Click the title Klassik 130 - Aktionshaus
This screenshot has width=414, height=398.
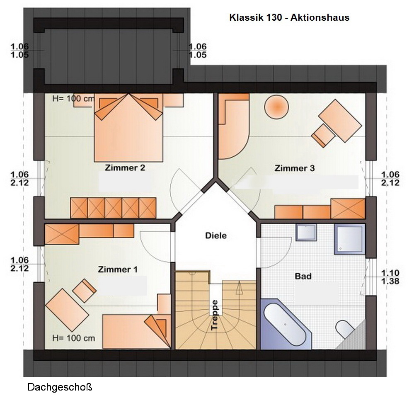click(x=289, y=17)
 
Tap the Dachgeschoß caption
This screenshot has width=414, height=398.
click(x=60, y=387)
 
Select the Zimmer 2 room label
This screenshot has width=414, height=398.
click(x=125, y=168)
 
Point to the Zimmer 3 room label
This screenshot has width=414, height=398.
click(x=295, y=168)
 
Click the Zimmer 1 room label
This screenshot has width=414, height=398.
click(x=118, y=269)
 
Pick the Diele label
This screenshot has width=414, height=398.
click(x=216, y=235)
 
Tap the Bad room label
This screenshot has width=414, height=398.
click(x=303, y=276)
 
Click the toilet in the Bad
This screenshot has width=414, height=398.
click(x=344, y=329)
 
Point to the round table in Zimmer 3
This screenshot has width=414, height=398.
click(x=276, y=107)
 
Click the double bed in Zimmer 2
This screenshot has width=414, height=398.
click(x=128, y=128)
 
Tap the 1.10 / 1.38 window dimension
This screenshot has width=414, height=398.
click(x=390, y=277)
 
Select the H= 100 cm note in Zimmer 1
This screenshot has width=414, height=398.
click(x=74, y=338)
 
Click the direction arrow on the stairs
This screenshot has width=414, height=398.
click(x=239, y=288)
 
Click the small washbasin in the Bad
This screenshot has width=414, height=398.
click(x=306, y=233)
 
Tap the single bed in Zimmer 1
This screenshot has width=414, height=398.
click(x=137, y=331)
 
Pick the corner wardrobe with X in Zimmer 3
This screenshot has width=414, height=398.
click(x=348, y=209)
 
